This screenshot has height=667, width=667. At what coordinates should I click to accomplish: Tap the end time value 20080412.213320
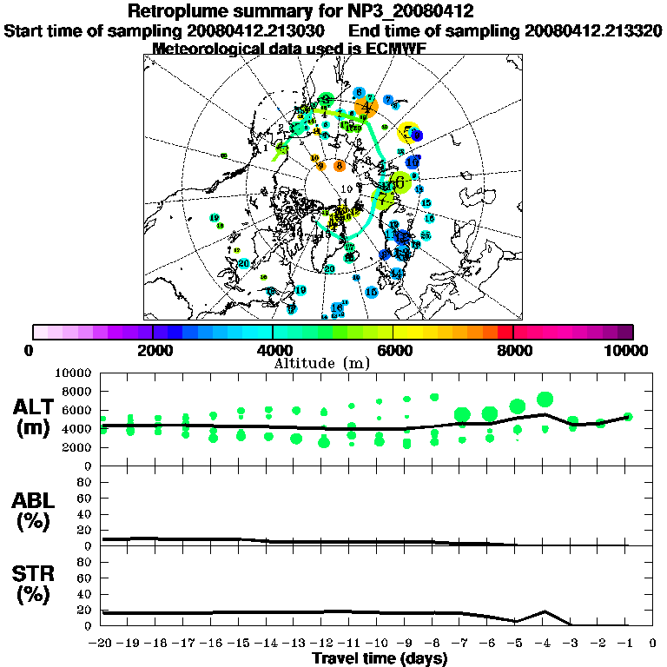point(594,30)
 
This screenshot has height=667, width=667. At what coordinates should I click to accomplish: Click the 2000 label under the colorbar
point(153,350)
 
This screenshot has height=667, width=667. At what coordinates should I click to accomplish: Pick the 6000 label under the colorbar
point(393,350)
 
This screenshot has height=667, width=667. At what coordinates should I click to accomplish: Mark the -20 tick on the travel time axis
point(102,643)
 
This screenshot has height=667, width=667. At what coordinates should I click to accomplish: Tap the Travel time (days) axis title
point(380,658)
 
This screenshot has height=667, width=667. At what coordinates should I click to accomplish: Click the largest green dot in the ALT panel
point(545,400)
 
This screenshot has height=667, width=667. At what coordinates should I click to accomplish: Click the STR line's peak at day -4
point(544,611)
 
